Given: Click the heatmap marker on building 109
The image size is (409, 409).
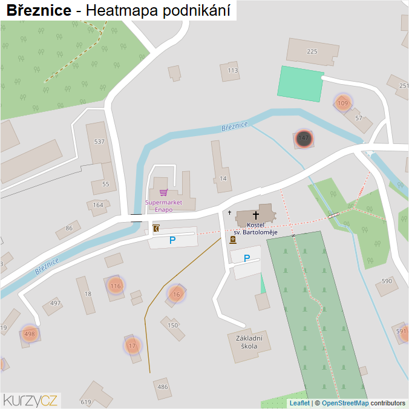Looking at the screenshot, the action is pyautogui.click(x=343, y=103).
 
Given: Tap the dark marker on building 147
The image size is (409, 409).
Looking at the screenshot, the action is pyautogui.click(x=304, y=139).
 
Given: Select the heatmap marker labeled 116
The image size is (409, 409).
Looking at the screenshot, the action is pyautogui.click(x=116, y=286).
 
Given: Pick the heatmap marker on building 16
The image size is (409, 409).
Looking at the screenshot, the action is pyautogui.click(x=176, y=295).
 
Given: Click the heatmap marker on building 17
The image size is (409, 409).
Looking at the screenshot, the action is pyautogui.click(x=132, y=346).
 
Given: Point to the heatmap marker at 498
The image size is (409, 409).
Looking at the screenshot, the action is pyautogui.click(x=29, y=333).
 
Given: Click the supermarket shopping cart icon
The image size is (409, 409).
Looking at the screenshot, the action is pyautogui.click(x=163, y=192).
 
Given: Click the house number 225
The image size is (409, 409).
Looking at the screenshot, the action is pyautogui.click(x=312, y=51).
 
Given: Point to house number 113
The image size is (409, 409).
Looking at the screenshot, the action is pyautogui.click(x=233, y=71).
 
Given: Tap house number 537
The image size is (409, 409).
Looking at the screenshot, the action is pyautogui.click(x=99, y=142).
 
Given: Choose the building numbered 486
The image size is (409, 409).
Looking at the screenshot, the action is pyautogui.click(x=162, y=387).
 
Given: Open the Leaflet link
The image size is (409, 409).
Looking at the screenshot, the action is pyautogui.click(x=299, y=403).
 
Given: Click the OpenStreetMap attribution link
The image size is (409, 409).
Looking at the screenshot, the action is pyautogui.click(x=345, y=403).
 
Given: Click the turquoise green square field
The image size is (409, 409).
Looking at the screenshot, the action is pyautogui.click(x=301, y=83).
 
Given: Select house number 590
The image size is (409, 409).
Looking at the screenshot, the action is pyautogui.click(x=387, y=281).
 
